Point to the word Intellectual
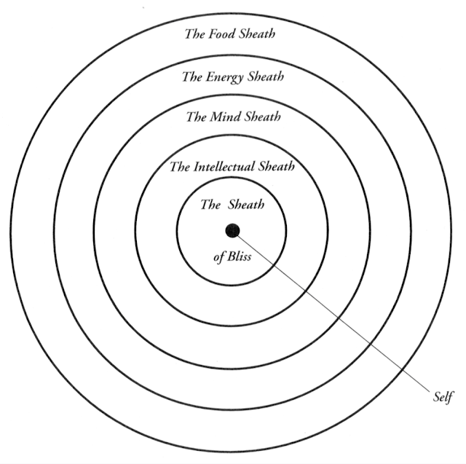point(225,167)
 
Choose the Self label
point(442,396)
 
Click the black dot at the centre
point(232,231)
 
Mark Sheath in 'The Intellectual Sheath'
point(276,167)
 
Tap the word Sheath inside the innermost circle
point(248,205)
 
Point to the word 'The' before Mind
point(195,117)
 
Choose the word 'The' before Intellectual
point(179,167)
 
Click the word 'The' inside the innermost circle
point(210,205)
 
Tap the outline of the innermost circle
point(177,232)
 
